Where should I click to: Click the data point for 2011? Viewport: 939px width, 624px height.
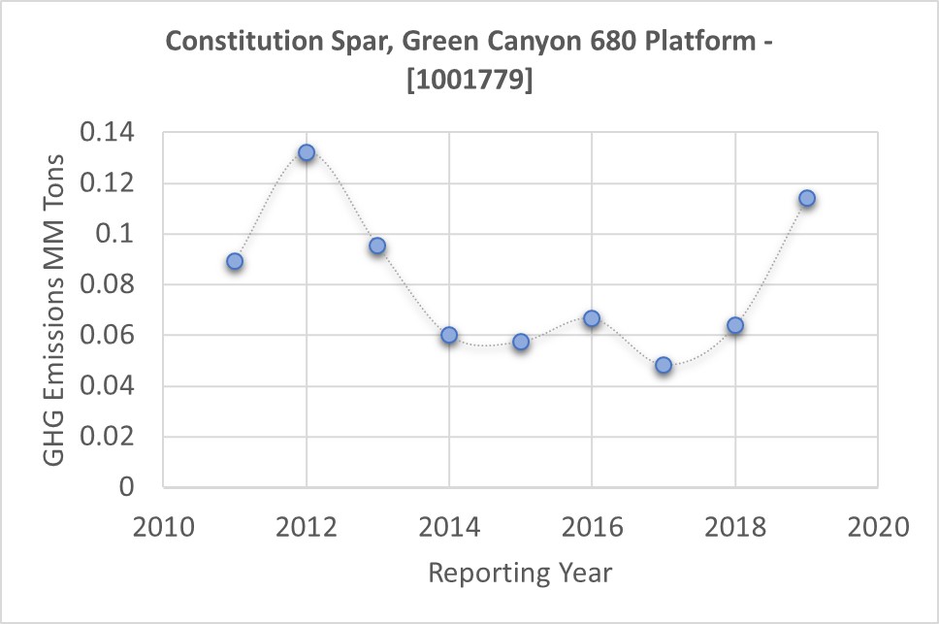coord(235,261)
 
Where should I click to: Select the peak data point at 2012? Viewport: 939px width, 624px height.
coord(307,152)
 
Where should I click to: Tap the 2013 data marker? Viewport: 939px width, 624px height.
coord(377,246)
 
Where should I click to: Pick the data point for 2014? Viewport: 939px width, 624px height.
coord(449,335)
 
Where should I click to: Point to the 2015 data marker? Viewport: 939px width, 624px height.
coord(521,342)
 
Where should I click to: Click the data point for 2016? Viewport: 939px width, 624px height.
coord(592,318)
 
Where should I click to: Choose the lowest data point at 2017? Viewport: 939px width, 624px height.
coord(664,365)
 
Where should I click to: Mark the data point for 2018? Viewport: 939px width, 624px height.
coord(735,325)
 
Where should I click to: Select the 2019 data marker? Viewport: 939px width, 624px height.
coord(806,198)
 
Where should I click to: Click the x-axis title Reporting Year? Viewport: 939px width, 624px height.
coord(520,573)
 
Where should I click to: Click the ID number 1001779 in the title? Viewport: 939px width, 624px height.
coord(469,82)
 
